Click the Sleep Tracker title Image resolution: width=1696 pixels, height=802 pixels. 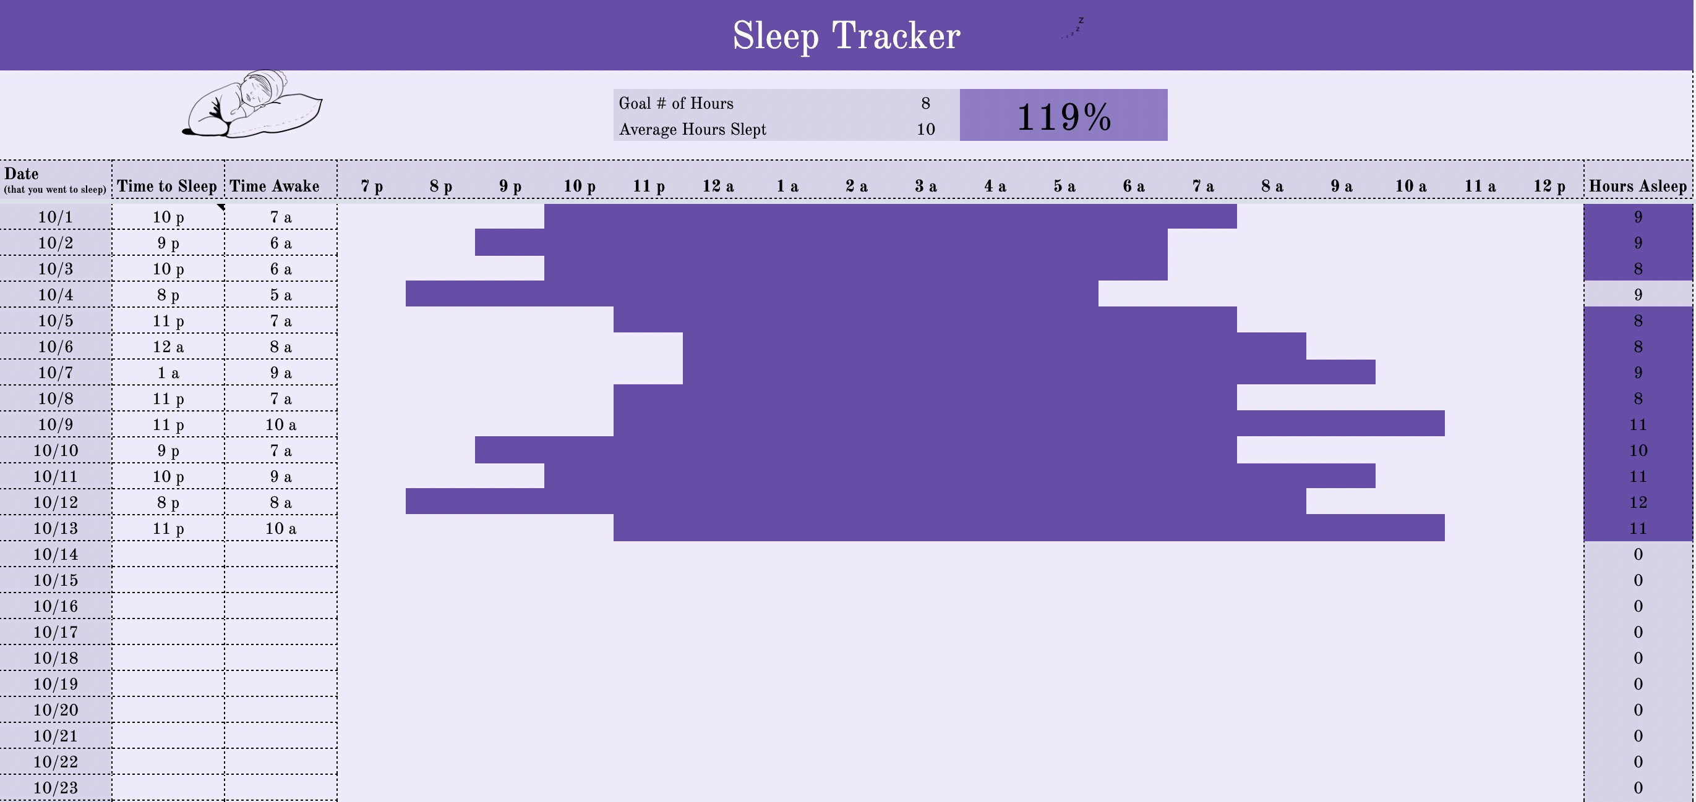[846, 35]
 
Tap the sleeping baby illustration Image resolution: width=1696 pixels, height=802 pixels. [253, 105]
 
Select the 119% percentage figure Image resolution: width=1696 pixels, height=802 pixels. [1063, 116]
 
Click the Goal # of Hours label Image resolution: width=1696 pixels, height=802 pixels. [675, 103]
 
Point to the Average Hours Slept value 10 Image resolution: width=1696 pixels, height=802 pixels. [925, 129]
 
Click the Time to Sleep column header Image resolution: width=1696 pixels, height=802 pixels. [167, 186]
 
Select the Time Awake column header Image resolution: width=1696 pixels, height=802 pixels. [275, 186]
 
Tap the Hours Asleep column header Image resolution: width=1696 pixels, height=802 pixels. [1637, 186]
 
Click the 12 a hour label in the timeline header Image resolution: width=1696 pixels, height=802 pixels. [717, 186]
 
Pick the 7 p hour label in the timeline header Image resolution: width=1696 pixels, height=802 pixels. [372, 186]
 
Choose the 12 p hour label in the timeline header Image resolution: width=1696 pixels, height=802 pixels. [1549, 186]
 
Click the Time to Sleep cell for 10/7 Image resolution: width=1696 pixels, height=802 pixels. [168, 373]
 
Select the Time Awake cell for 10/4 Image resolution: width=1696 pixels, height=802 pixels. [280, 295]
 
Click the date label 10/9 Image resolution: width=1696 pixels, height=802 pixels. [55, 424]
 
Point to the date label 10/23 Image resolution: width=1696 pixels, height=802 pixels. [55, 788]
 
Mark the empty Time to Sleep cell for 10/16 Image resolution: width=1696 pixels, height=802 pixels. [168, 606]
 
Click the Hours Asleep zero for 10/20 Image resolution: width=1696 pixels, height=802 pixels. [1637, 710]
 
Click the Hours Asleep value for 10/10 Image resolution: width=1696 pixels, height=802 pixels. [1637, 450]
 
